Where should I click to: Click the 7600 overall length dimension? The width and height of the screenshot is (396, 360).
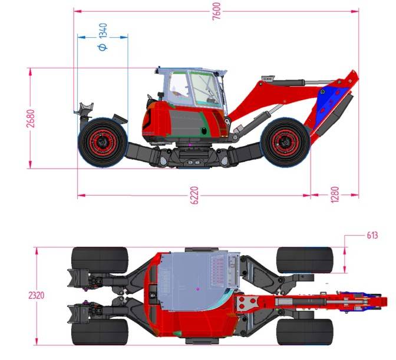coord(217,11)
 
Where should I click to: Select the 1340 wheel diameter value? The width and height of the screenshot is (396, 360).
coord(103,31)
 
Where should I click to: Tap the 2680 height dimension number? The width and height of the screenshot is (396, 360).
coord(31,118)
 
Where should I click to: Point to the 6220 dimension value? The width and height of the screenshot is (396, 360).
coord(194,195)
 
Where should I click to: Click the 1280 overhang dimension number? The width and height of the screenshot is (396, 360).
coord(334,194)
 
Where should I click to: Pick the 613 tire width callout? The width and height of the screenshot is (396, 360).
coord(372,235)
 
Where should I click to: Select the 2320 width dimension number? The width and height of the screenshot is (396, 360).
coord(37,295)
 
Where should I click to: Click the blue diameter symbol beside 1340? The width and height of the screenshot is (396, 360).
coord(103,47)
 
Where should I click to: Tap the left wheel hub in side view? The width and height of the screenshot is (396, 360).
coord(103,143)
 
